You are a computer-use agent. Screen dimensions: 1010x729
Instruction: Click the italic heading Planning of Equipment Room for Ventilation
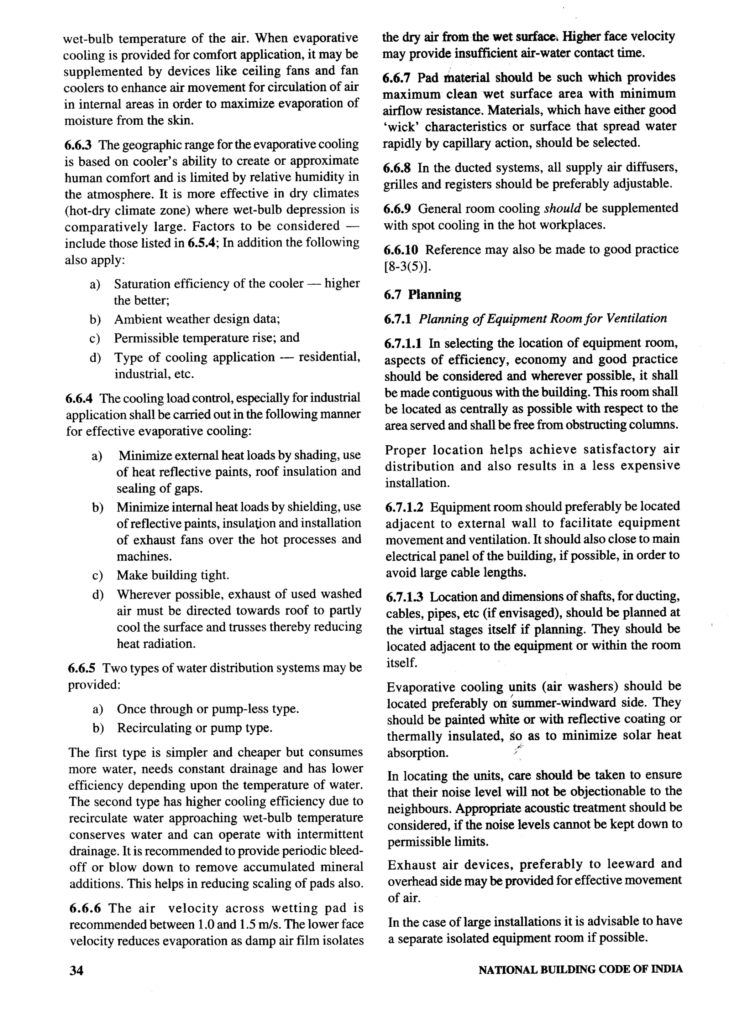tap(542, 318)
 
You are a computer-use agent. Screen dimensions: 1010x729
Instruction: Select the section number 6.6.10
tap(400, 250)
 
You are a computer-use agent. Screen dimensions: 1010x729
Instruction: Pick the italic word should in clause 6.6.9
tap(562, 208)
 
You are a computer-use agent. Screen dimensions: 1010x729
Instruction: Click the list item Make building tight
tap(173, 575)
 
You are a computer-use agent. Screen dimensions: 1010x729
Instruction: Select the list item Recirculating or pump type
tap(194, 727)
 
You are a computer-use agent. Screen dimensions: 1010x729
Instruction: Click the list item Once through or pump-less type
tap(208, 709)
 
